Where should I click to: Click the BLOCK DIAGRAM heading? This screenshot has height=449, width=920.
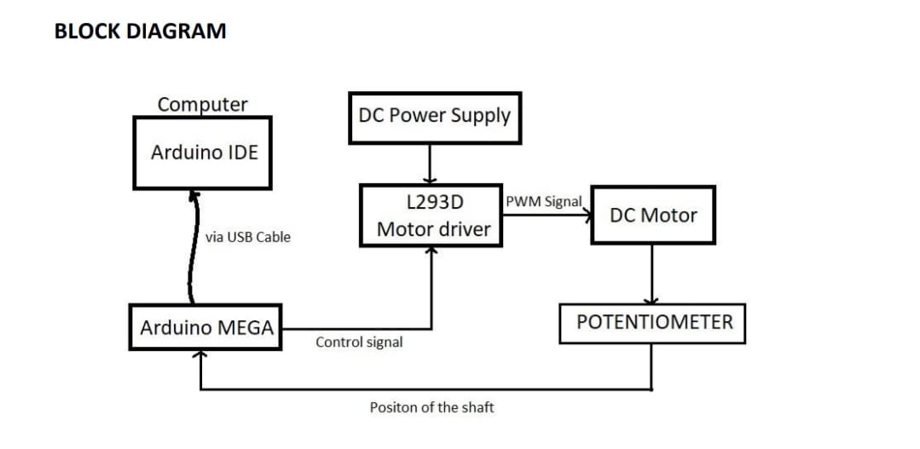click(140, 32)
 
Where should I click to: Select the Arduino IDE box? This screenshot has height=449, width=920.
click(203, 153)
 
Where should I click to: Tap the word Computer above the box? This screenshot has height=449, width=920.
click(203, 104)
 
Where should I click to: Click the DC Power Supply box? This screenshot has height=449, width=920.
click(434, 116)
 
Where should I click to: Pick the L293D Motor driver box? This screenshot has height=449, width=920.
click(431, 216)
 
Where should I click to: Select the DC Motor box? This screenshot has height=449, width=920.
click(652, 216)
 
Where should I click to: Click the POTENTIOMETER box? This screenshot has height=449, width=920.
click(653, 323)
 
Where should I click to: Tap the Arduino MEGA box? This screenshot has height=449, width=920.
click(205, 327)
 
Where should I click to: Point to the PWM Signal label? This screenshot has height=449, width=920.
click(543, 203)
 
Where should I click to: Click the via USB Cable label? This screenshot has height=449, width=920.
click(248, 237)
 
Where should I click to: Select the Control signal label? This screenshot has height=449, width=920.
click(359, 342)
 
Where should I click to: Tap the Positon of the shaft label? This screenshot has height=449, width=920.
click(431, 407)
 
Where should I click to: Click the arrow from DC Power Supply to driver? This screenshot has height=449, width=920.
click(431, 163)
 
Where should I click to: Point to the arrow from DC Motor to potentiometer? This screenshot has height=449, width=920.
click(652, 273)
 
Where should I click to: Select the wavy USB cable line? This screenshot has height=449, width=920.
click(194, 247)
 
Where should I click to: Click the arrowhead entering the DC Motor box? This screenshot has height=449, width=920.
click(587, 216)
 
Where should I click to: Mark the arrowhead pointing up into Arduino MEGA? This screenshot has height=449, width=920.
click(200, 355)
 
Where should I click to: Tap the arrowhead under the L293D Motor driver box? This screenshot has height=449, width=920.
click(431, 250)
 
